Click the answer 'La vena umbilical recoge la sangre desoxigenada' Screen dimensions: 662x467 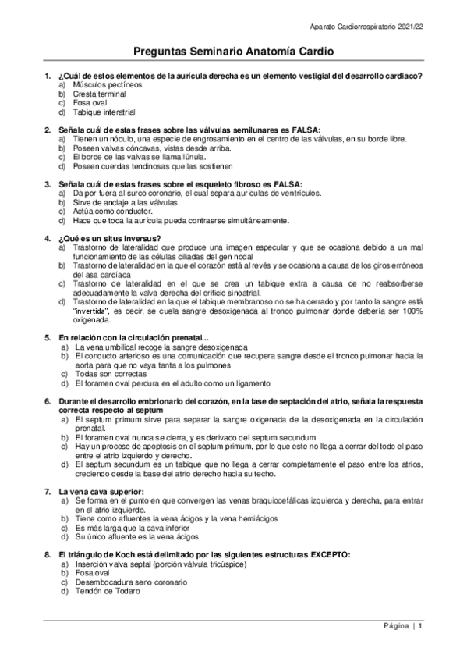click(160, 346)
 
